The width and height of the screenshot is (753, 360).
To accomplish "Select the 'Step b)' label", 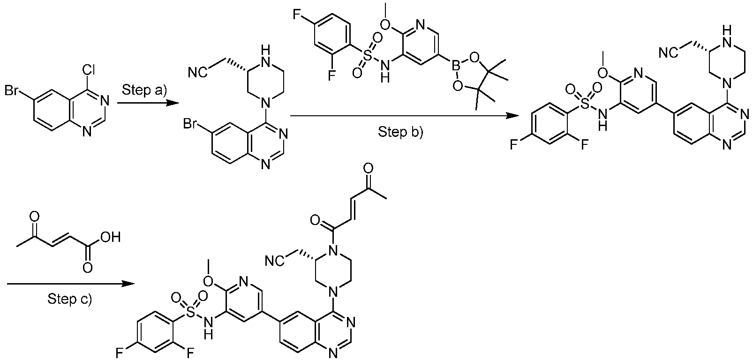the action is [x=400, y=133].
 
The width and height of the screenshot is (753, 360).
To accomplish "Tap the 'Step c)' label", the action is [x=69, y=299].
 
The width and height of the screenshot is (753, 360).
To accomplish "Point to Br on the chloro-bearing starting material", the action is [x=13, y=90].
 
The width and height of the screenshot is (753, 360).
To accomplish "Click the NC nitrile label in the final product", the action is [x=274, y=261].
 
